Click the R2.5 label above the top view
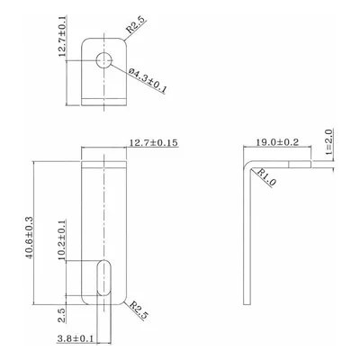pyautogui.click(x=135, y=25)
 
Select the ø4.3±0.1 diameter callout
pyautogui.click(x=148, y=80)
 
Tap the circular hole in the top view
pyautogui.click(x=103, y=60)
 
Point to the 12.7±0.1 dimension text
pyautogui.click(x=62, y=37)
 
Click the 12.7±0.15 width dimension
pyautogui.click(x=153, y=143)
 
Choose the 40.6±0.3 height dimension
pyautogui.click(x=29, y=238)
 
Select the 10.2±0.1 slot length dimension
pyautogui.click(x=62, y=240)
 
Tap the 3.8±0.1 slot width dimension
pyautogui.click(x=75, y=339)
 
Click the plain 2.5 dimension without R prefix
pyautogui.click(x=62, y=315)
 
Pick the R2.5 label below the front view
pyautogui.click(x=139, y=310)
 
